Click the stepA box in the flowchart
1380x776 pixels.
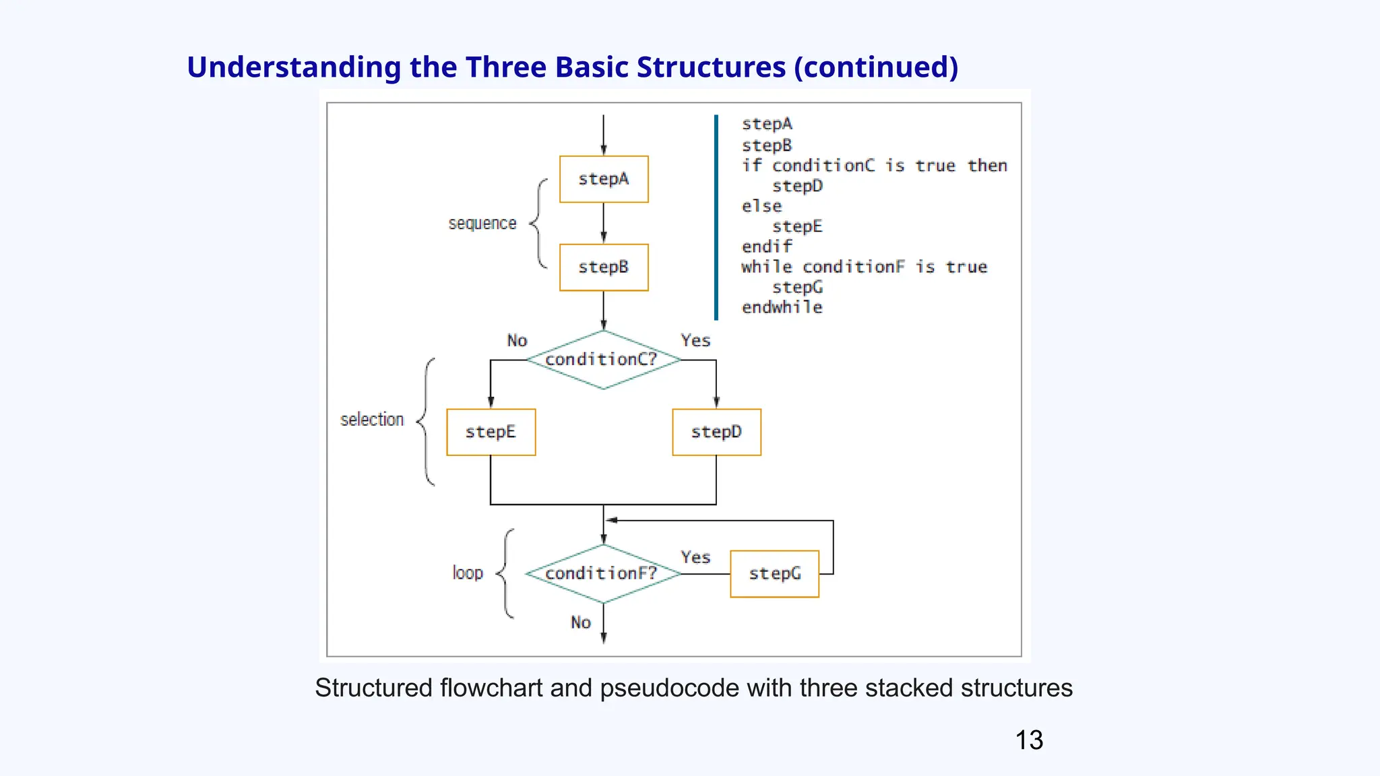tap(604, 179)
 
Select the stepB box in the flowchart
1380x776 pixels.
tap(604, 267)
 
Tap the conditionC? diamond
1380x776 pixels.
tap(602, 360)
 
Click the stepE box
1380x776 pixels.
tap(491, 432)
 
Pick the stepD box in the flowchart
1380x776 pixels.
tap(716, 432)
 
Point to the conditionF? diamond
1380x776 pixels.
tap(602, 574)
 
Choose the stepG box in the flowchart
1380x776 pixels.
tap(774, 574)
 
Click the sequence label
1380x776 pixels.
tap(482, 224)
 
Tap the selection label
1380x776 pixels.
tap(372, 420)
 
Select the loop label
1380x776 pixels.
tap(468, 573)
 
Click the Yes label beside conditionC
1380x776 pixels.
tap(695, 341)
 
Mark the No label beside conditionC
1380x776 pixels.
tap(517, 341)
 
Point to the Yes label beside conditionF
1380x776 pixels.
tap(695, 558)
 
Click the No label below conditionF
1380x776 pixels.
tap(581, 622)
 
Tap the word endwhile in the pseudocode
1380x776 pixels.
tap(782, 308)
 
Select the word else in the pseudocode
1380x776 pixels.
tap(761, 206)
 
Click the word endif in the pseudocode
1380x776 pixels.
tap(766, 247)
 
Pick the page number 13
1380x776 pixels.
tap(1029, 740)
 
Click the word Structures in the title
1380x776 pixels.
tap(711, 67)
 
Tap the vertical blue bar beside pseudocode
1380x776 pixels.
tap(716, 217)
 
